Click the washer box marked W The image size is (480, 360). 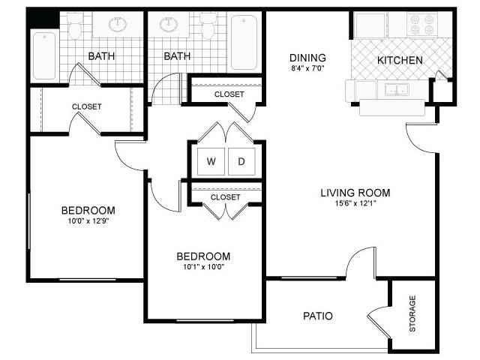(211, 161)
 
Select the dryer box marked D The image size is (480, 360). (241, 161)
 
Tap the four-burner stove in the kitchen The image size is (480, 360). (421, 25)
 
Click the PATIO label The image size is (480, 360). (318, 316)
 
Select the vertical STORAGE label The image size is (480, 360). (412, 313)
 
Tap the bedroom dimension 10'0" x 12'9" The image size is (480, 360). (88, 221)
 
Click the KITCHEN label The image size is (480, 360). (400, 60)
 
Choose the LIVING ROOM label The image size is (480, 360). (355, 193)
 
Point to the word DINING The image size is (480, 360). (307, 58)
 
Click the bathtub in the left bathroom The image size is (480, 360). (45, 57)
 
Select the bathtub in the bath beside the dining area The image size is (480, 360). (245, 43)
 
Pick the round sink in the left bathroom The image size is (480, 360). (118, 25)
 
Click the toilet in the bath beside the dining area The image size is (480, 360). (208, 27)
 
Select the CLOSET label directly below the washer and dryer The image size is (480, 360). (225, 197)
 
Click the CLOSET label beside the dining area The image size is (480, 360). (229, 94)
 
